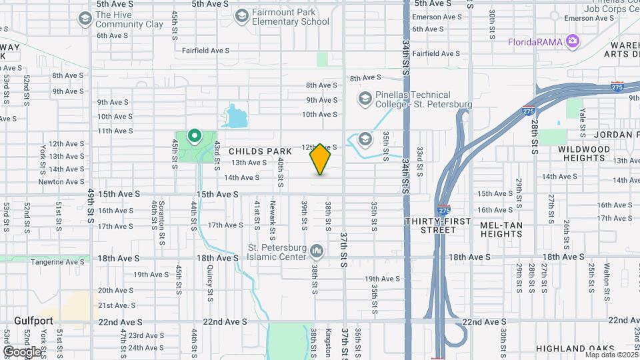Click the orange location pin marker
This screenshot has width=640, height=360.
click(320, 159)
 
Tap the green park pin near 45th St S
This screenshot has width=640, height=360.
click(195, 137)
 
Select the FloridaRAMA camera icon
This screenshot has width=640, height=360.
click(572, 42)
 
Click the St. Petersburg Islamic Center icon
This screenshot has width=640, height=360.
click(317, 252)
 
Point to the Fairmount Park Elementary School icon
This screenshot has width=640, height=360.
click(241, 15)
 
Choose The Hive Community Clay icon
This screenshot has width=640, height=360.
click(85, 18)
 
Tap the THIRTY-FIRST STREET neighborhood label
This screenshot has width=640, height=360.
click(438, 225)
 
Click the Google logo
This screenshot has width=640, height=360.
click(22, 351)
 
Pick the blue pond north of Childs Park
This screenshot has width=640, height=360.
click(235, 117)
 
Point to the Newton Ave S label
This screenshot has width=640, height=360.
click(61, 181)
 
